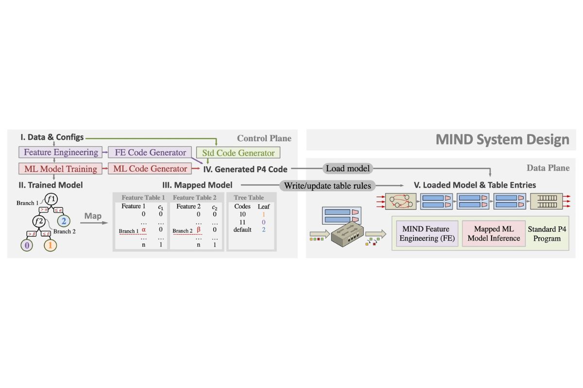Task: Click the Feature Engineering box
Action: click(61, 152)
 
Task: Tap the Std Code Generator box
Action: click(238, 153)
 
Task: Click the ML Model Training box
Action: click(61, 169)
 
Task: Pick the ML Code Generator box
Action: click(150, 169)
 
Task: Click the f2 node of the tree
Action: click(39, 221)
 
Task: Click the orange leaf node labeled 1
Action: click(51, 245)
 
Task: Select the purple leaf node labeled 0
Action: click(27, 245)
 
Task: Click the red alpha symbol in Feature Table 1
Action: click(144, 229)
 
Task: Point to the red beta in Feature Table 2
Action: click(199, 229)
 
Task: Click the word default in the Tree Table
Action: click(242, 229)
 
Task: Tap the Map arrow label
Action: click(92, 215)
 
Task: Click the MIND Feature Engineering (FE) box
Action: click(426, 233)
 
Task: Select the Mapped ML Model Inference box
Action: click(494, 233)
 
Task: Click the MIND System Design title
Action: click(502, 140)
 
